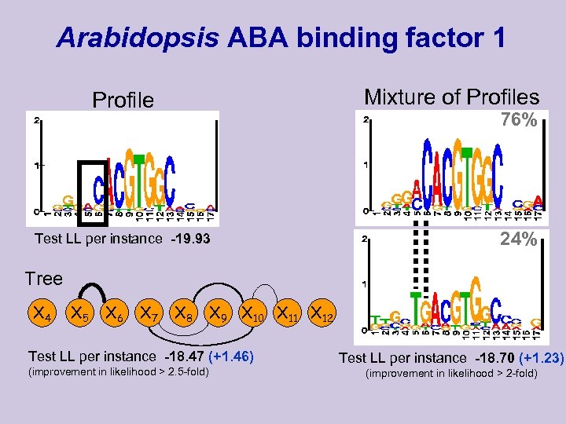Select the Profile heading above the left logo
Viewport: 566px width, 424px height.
[x=123, y=101]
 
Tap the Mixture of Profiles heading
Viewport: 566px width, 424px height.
[x=451, y=97]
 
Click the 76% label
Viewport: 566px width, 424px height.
[x=519, y=120]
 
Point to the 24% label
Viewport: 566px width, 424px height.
[x=519, y=239]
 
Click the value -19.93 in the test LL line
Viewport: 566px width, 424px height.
[x=187, y=239]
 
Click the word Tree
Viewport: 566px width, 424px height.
[x=43, y=279]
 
